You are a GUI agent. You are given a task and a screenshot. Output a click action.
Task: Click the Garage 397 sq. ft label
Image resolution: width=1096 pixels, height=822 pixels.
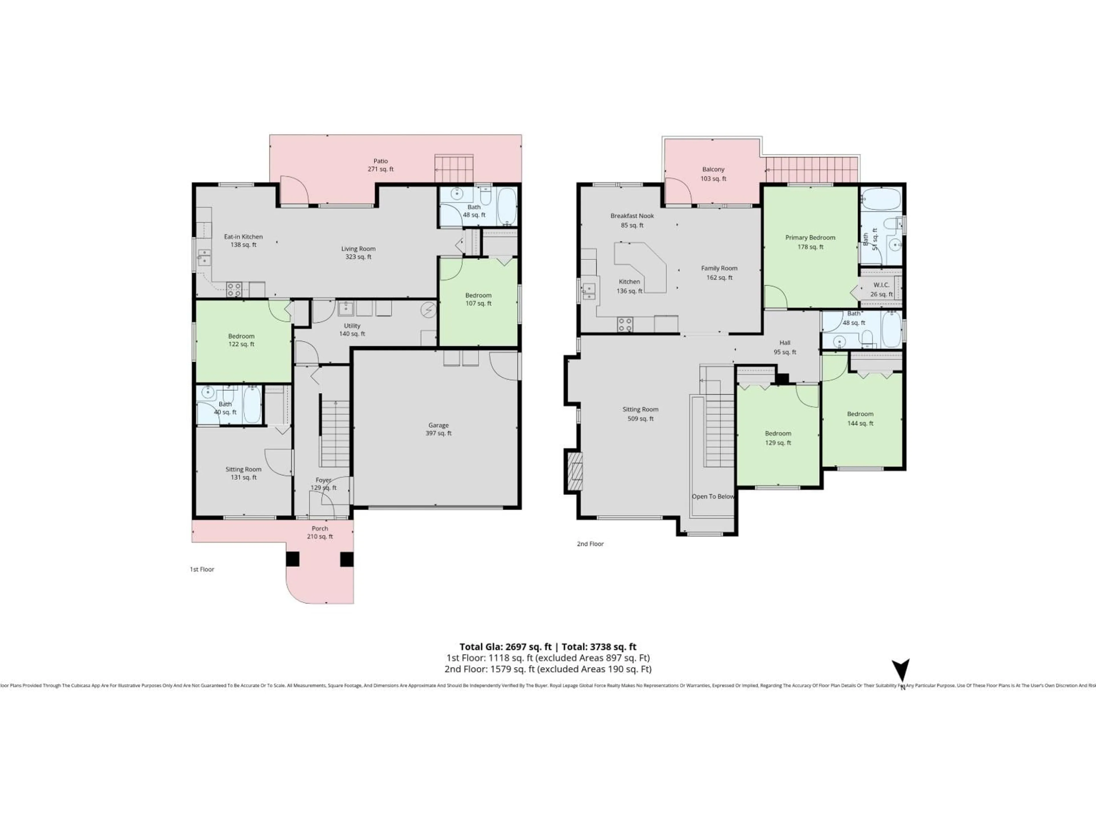[438, 429]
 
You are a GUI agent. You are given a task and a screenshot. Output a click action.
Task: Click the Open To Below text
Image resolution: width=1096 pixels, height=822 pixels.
[713, 496]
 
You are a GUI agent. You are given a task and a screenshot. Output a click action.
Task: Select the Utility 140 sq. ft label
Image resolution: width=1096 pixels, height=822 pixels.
[352, 329]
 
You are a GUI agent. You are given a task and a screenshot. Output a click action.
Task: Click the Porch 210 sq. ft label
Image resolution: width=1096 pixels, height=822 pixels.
[320, 532]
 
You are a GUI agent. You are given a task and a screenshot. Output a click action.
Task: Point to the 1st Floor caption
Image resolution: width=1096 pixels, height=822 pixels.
[202, 569]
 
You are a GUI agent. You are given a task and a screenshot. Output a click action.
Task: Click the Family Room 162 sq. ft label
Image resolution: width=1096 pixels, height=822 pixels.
[719, 273]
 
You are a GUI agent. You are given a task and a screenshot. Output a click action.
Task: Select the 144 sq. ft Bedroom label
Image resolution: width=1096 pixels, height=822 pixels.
[860, 418]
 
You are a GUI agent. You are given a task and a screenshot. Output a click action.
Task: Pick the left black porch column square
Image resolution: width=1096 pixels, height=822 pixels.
[293, 559]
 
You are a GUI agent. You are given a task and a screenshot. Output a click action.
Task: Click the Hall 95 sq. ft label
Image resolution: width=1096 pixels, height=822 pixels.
[785, 347]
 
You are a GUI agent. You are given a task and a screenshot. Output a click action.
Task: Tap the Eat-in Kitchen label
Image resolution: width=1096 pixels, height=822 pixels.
[243, 240]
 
